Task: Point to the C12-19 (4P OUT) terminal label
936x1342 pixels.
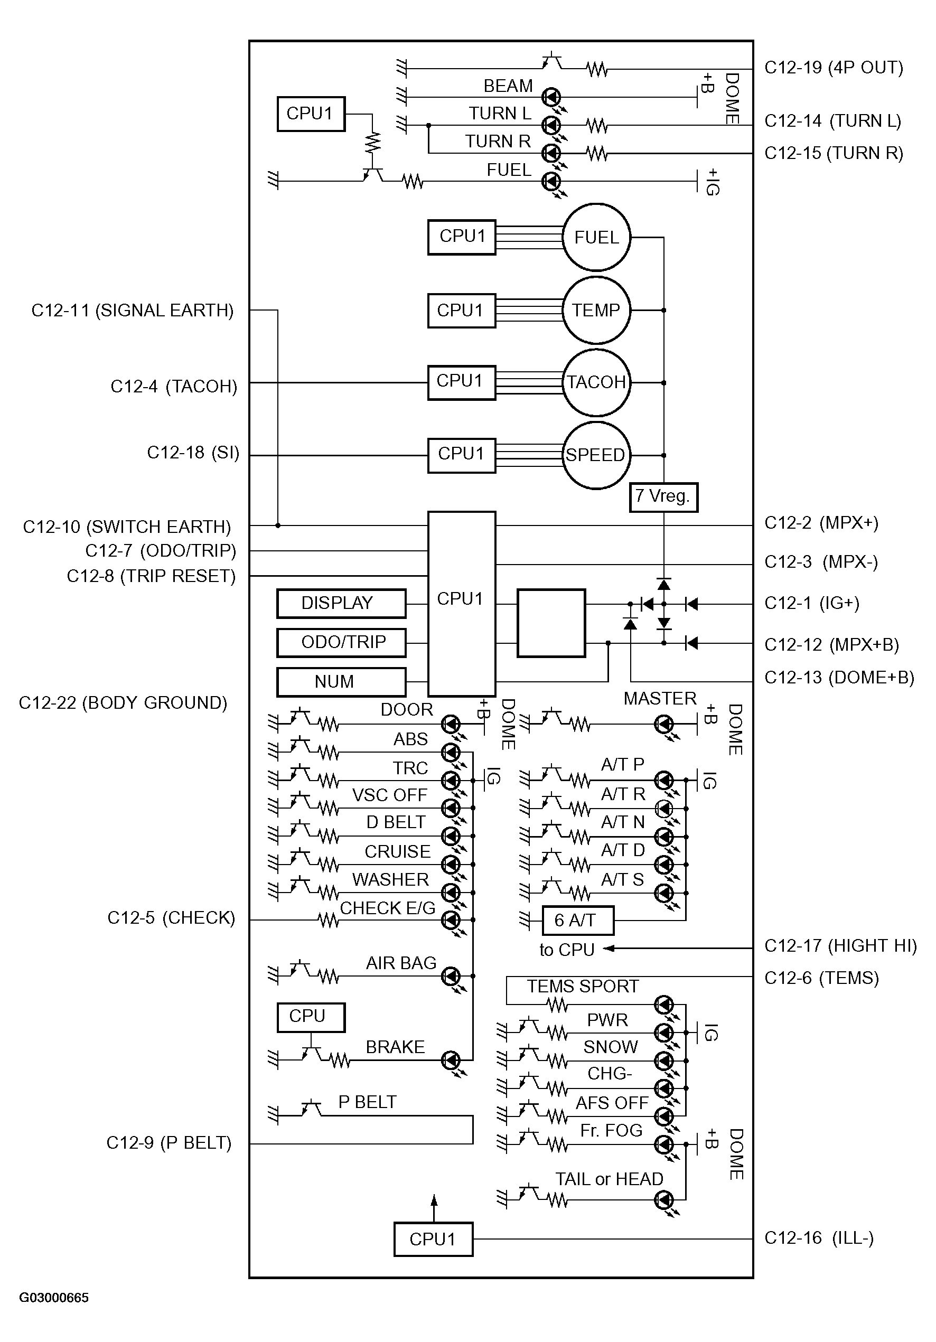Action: point(834,68)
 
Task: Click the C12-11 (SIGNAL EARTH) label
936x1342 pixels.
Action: point(133,311)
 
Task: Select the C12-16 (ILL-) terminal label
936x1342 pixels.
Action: point(819,1237)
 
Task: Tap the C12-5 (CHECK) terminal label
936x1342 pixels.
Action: point(171,918)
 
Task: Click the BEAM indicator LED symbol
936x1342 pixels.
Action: point(551,97)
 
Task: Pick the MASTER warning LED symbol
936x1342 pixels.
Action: point(663,725)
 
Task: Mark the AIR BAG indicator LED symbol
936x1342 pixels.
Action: point(451,975)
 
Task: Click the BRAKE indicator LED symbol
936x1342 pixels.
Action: point(451,1059)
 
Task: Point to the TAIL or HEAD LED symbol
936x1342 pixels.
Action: point(663,1200)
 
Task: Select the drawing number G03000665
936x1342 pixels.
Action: point(54,1298)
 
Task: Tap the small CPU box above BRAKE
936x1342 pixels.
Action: point(311,1018)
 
